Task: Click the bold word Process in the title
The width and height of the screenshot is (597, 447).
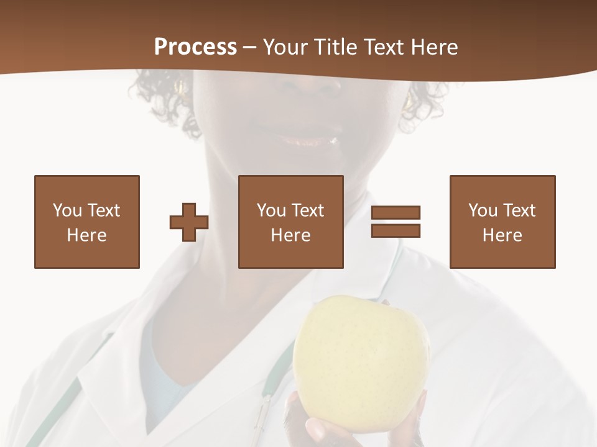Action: [x=195, y=47]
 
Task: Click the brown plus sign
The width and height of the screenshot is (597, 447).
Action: [x=189, y=222]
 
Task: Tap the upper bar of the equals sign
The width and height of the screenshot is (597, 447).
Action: [x=396, y=212]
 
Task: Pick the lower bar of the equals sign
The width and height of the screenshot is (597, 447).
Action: [x=396, y=230]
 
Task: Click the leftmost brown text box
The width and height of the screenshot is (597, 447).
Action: [x=87, y=222]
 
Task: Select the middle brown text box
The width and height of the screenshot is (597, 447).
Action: [x=291, y=222]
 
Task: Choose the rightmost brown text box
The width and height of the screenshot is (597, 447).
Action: [x=502, y=222]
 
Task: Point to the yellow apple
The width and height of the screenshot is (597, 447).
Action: [x=361, y=363]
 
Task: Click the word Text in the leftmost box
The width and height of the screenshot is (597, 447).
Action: [x=103, y=210]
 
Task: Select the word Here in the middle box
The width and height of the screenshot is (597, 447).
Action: [x=291, y=235]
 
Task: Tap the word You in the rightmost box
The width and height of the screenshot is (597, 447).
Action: [x=483, y=210]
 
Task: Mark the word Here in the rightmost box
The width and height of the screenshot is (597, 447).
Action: [x=502, y=235]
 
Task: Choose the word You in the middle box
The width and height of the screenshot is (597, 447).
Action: [x=271, y=210]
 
